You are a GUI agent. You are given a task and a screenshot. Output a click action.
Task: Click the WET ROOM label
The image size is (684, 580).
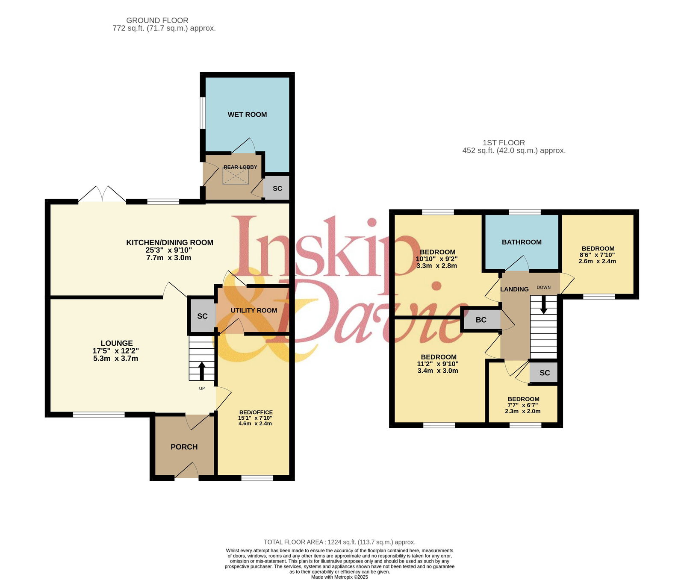pyautogui.click(x=247, y=115)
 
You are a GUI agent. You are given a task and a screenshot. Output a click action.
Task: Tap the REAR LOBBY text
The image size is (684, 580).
pyautogui.click(x=240, y=167)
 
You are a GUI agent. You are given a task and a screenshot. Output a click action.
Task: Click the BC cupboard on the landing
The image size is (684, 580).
pyautogui.click(x=481, y=320)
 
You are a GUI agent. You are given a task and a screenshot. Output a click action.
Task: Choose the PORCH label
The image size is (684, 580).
pyautogui.click(x=184, y=447)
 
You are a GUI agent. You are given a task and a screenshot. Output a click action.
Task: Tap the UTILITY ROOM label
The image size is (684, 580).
pyautogui.click(x=254, y=310)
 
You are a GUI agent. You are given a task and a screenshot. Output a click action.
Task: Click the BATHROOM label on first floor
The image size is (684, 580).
pyautogui.click(x=522, y=242)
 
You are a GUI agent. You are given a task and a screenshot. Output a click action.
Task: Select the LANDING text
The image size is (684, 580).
pyautogui.click(x=514, y=289)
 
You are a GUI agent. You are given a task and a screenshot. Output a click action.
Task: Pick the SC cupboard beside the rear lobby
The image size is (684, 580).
pyautogui.click(x=277, y=188)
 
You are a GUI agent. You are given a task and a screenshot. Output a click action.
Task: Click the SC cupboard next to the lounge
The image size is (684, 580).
pyautogui.click(x=202, y=316)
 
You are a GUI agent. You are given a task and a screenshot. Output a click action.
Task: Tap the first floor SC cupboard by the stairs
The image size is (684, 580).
pyautogui.click(x=544, y=373)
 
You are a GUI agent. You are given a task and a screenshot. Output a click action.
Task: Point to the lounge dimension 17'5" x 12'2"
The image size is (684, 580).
pyautogui.click(x=116, y=351)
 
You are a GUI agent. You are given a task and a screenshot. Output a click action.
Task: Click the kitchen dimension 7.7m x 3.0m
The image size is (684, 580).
pyautogui.click(x=169, y=258)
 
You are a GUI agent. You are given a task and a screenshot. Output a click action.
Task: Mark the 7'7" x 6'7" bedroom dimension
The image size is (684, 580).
pyautogui.click(x=523, y=405)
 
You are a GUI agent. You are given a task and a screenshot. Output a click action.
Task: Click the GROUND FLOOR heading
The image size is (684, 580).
pyautogui.click(x=157, y=21)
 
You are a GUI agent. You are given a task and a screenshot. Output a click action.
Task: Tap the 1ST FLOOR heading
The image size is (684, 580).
pyautogui.click(x=504, y=143)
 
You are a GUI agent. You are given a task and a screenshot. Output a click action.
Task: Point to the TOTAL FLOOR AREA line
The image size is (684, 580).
pyautogui.click(x=339, y=542)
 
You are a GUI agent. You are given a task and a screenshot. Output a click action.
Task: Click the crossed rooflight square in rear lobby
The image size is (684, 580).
pyautogui.click(x=236, y=176)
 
